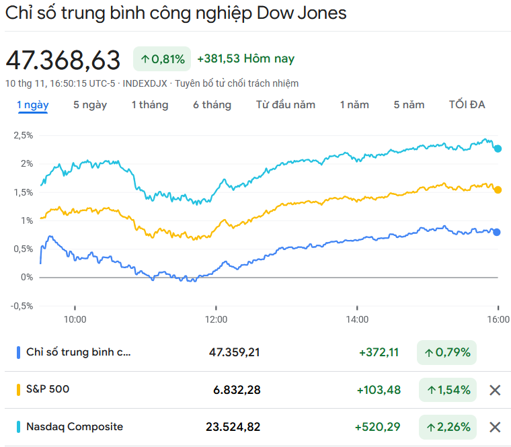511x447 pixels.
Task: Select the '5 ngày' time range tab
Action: (x=90, y=105)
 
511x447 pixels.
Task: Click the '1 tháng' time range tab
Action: (x=149, y=105)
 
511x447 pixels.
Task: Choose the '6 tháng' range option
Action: (x=212, y=105)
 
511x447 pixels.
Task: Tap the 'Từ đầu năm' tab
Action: (x=286, y=105)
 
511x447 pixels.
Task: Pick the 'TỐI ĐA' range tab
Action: (x=467, y=105)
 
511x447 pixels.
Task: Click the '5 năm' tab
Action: (x=409, y=105)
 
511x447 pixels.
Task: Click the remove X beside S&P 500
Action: (x=495, y=390)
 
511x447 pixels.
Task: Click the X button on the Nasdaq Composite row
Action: (x=495, y=427)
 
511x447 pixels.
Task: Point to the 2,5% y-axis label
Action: (x=23, y=135)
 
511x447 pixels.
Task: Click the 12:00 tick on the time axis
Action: (x=216, y=319)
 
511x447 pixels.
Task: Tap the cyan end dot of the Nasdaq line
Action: (x=498, y=149)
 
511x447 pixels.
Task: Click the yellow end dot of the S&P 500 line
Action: (x=498, y=190)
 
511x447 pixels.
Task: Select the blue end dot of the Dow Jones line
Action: (x=497, y=233)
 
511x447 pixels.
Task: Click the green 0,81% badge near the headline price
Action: (x=162, y=59)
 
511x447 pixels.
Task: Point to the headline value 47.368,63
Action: (x=63, y=60)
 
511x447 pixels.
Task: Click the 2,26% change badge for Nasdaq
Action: (x=446, y=427)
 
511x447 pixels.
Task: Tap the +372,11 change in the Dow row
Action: (x=379, y=352)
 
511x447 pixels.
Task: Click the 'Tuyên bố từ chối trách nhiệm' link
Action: (x=237, y=83)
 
